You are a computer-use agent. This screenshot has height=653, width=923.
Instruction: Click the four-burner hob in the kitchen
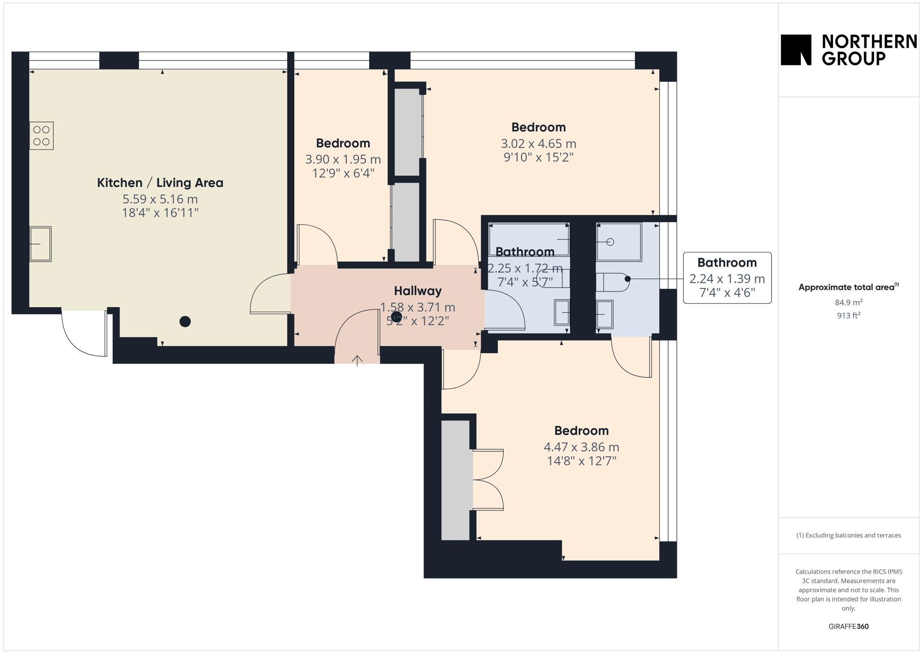tap(41, 136)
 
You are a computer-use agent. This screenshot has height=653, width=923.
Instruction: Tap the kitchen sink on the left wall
tap(40, 244)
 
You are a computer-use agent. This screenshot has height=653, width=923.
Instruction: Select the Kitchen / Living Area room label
tap(160, 183)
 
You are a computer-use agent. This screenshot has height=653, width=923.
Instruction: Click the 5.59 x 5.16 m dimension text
tap(160, 199)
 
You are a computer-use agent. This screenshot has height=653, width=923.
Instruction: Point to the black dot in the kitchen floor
tap(185, 322)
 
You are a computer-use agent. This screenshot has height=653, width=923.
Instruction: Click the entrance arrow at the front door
tap(357, 361)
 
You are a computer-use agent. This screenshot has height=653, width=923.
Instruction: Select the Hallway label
tap(418, 291)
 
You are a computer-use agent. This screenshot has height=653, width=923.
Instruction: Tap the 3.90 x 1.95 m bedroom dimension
tap(343, 159)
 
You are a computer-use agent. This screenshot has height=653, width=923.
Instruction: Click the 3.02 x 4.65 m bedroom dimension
tap(538, 144)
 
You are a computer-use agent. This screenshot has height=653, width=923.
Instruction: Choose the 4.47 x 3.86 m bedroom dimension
tap(581, 447)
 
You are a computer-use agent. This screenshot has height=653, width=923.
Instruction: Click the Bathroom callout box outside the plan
tap(727, 278)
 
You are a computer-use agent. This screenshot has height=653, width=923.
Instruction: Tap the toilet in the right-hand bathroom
tap(612, 282)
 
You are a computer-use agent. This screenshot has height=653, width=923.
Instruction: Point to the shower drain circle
tap(610, 242)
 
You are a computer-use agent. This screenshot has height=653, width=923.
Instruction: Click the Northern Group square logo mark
tap(796, 50)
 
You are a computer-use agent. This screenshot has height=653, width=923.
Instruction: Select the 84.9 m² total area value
tap(848, 302)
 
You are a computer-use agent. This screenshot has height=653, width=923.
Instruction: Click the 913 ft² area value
tap(848, 315)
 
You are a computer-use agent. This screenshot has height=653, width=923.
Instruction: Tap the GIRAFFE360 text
tap(848, 627)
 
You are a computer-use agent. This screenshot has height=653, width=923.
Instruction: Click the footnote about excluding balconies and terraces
tap(848, 535)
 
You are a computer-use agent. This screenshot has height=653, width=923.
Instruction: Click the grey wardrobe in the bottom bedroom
tap(455, 480)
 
